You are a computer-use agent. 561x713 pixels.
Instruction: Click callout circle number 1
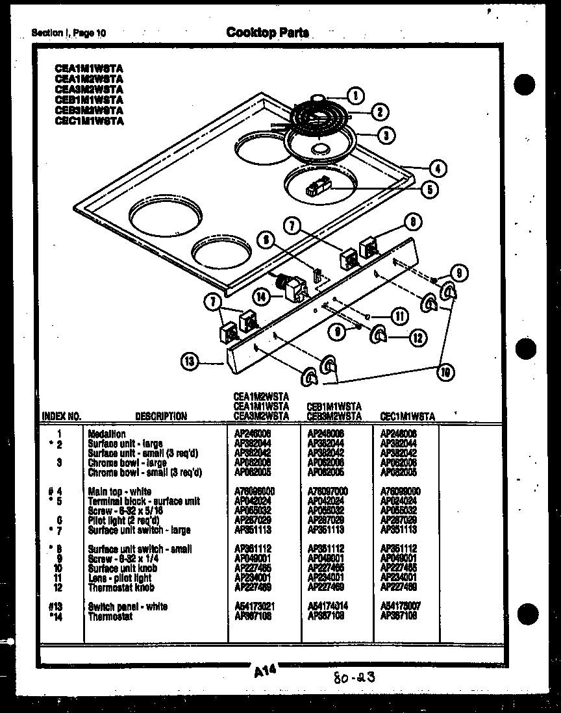(355, 96)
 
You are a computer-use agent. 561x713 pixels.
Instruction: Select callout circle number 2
(379, 112)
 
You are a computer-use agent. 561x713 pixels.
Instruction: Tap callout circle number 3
(386, 135)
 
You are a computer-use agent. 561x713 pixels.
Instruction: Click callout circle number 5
(429, 190)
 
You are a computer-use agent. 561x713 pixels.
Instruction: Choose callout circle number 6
(264, 239)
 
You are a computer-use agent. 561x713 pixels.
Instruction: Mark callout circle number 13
(189, 362)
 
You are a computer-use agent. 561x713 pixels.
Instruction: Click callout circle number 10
(445, 372)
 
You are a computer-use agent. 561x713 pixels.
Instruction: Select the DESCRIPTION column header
(161, 416)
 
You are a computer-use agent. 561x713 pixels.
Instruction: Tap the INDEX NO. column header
(61, 416)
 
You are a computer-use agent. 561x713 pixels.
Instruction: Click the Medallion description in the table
(107, 434)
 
